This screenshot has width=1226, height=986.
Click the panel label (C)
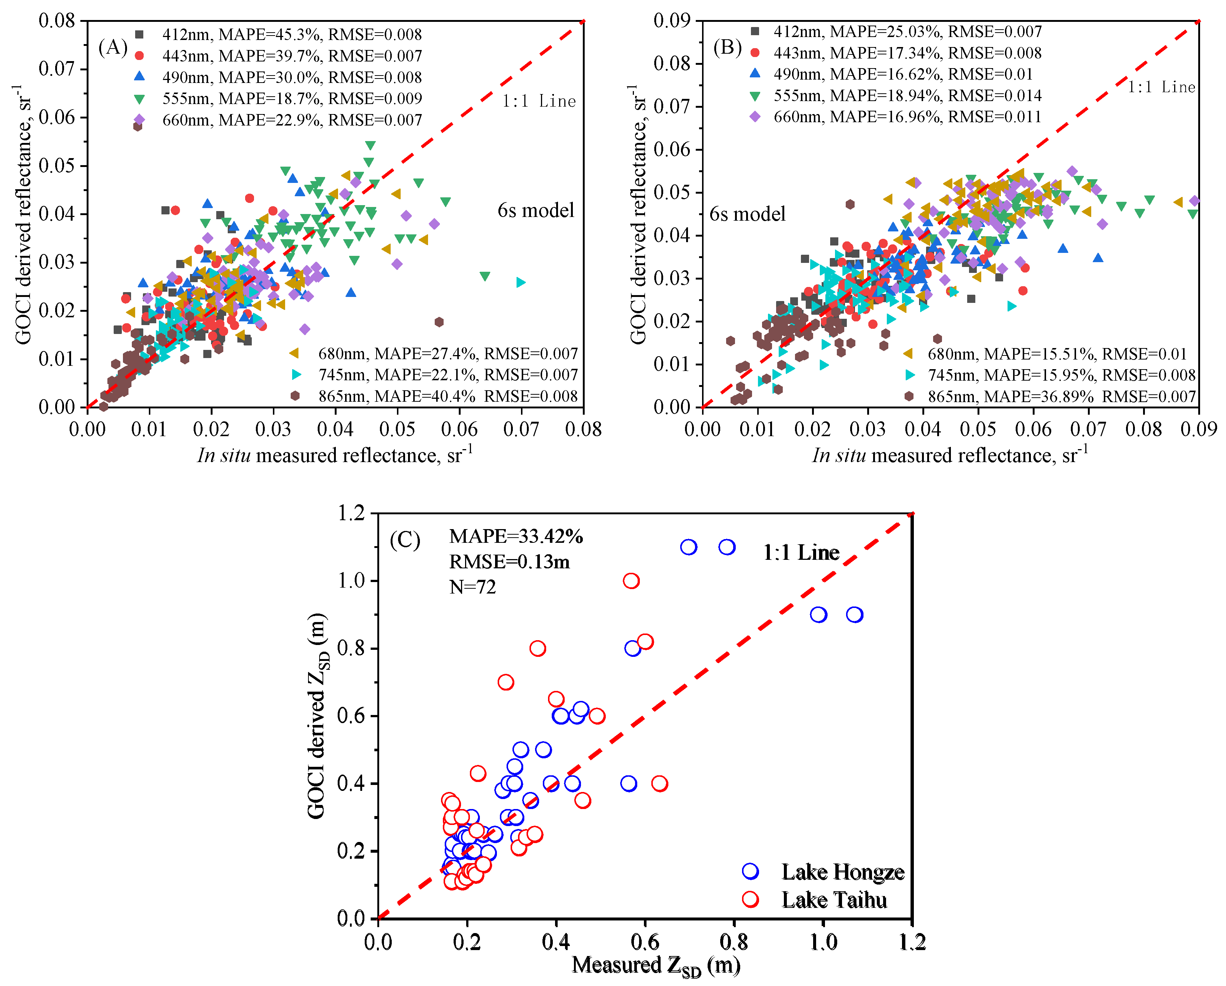pos(404,539)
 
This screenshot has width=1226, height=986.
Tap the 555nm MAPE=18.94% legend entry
pos(907,96)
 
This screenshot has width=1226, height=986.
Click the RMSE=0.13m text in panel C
pos(509,561)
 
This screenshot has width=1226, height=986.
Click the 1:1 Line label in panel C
pos(801,552)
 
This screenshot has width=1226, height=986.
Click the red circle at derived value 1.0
pos(631,581)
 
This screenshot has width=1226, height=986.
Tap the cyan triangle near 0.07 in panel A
pos(520,282)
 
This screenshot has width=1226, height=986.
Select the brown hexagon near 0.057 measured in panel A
pos(438,322)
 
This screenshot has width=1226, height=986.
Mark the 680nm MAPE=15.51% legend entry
pos(1056,354)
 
